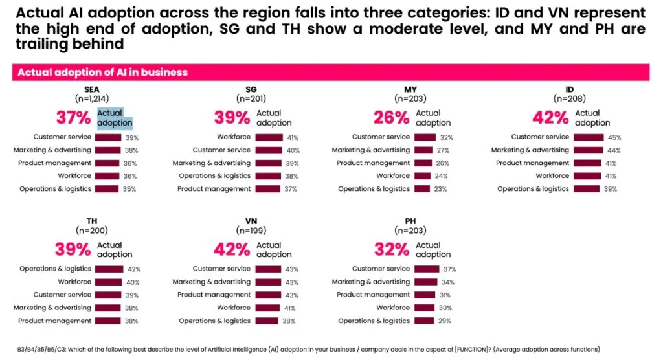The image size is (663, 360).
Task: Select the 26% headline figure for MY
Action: (x=391, y=118)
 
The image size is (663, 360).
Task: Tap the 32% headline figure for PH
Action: (x=391, y=250)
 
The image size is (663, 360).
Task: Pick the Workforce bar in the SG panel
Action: (x=269, y=137)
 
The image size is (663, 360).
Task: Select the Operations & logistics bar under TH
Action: (x=109, y=269)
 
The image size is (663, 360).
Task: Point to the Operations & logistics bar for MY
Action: (x=422, y=189)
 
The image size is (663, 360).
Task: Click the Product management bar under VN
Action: (x=270, y=295)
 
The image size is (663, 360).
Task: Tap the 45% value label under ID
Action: (x=614, y=137)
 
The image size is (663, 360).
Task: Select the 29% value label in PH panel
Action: (x=444, y=321)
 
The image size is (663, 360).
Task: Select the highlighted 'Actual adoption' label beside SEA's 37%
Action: (x=115, y=118)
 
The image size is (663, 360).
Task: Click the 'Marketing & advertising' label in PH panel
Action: (x=371, y=282)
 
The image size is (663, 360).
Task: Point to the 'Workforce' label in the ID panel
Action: (x=552, y=176)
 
